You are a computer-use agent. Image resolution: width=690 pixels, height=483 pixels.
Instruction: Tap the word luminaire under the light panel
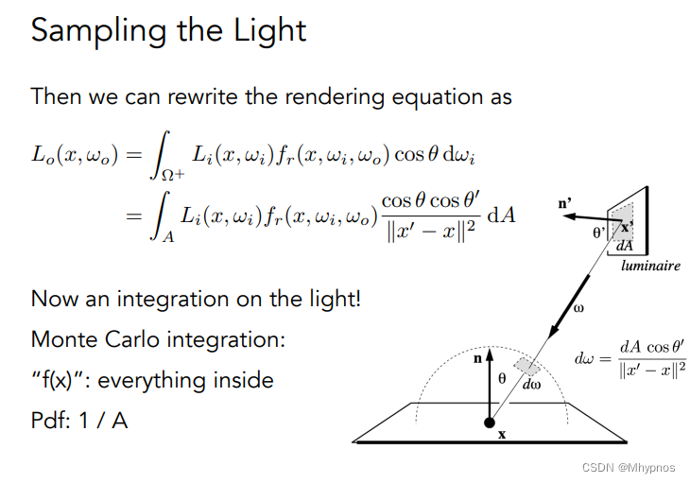pyautogui.click(x=650, y=266)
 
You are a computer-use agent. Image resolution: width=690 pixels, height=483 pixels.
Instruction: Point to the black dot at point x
pyautogui.click(x=490, y=421)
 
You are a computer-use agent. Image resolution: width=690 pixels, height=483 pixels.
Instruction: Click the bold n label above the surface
pyautogui.click(x=477, y=358)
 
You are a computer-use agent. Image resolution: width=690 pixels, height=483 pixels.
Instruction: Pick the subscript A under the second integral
pyautogui.click(x=168, y=236)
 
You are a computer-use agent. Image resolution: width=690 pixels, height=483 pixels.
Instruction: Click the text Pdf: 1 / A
pyautogui.click(x=79, y=420)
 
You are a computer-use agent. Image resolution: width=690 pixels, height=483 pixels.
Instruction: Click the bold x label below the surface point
pyautogui.click(x=502, y=436)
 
